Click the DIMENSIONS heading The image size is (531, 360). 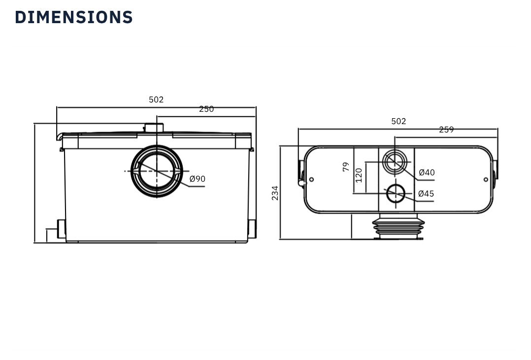[x=74, y=17]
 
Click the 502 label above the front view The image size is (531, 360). [x=156, y=99]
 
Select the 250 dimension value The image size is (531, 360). [x=206, y=109]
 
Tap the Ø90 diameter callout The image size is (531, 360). [x=198, y=179]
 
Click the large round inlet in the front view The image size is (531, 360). [x=157, y=171]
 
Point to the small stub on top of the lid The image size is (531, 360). [x=154, y=128]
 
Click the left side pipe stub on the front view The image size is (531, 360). [x=62, y=229]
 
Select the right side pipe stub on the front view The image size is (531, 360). [x=252, y=229]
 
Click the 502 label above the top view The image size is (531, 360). [x=398, y=121]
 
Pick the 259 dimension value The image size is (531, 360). [x=446, y=130]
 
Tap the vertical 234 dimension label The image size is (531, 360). [x=275, y=193]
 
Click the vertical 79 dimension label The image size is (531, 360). [x=346, y=166]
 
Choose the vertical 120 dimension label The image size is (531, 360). [x=359, y=175]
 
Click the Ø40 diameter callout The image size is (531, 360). [x=427, y=173]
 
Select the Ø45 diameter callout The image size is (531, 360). [x=426, y=194]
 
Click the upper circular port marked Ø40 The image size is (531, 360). [x=395, y=162]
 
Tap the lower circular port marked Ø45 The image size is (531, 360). [x=396, y=194]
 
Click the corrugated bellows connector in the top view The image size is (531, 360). [x=398, y=228]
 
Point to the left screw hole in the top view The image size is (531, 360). [x=311, y=180]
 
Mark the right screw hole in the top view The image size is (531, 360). [x=486, y=180]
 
